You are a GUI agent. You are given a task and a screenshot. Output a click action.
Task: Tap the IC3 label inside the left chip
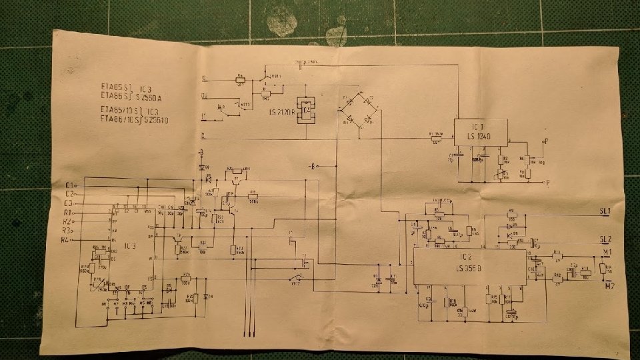(x=131, y=246)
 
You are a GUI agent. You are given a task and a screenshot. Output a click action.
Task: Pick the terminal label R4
(x=66, y=239)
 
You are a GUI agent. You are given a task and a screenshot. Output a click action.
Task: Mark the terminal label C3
(x=69, y=202)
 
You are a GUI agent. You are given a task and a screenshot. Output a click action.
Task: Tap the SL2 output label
(x=605, y=239)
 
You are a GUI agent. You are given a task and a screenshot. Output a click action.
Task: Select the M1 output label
(x=607, y=252)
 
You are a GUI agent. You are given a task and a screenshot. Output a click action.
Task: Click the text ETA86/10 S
(x=119, y=120)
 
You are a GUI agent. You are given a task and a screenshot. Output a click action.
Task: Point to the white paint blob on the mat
(x=283, y=23)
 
